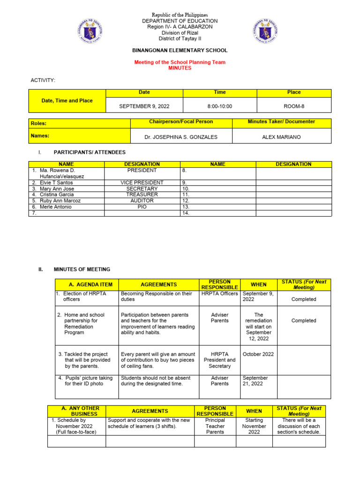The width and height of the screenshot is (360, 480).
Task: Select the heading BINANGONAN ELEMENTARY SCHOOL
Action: [x=180, y=50]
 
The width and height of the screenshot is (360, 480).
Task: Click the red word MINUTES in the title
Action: [x=180, y=68]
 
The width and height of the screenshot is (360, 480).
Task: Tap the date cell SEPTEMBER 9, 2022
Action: [x=144, y=106]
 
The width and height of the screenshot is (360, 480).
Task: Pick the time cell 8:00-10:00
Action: [x=219, y=106]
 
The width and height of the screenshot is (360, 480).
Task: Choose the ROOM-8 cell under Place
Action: [x=294, y=106]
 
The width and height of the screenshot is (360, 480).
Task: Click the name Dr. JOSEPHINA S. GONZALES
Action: [x=181, y=137]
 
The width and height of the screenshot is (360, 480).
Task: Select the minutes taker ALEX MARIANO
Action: [x=281, y=137]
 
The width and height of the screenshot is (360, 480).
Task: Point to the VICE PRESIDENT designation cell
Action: [x=142, y=182]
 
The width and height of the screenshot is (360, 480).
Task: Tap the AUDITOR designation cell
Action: [x=142, y=200]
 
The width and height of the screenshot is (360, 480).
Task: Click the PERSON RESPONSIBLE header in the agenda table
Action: [x=219, y=284]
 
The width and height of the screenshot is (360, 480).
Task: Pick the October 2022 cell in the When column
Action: [x=258, y=354]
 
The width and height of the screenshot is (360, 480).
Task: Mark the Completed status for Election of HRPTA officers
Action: [x=303, y=299]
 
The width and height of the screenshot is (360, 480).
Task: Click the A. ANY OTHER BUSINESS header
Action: [x=77, y=411]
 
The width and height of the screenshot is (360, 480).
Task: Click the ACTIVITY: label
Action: [x=43, y=81]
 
